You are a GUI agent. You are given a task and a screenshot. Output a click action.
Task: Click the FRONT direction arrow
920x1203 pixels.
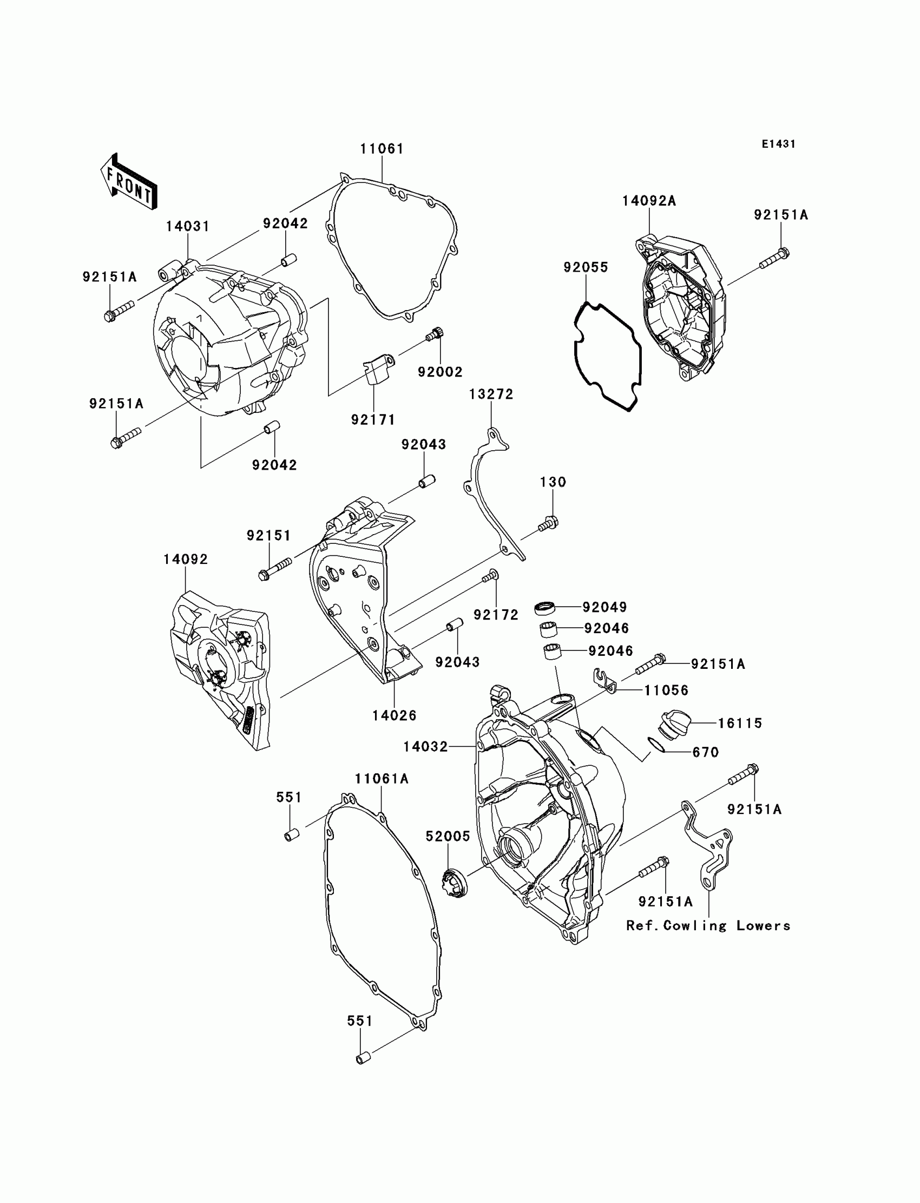[x=129, y=181]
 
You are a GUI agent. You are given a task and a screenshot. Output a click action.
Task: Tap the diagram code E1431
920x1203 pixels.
[x=778, y=144]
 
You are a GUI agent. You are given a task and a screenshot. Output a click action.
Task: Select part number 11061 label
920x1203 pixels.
[x=382, y=149]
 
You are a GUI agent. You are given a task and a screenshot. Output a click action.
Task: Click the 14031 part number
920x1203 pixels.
[x=188, y=226]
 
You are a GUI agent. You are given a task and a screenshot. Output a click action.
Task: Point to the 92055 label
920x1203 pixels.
[x=586, y=267]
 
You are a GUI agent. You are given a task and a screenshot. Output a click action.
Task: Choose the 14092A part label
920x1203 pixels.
[x=649, y=201]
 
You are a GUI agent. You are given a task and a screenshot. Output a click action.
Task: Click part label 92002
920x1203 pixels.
[x=440, y=372]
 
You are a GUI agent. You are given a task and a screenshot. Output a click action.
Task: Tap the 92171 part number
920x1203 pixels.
[x=373, y=419]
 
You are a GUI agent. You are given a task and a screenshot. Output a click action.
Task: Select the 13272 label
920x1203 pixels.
[x=491, y=395]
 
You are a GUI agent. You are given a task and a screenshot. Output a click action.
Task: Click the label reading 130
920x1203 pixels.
[x=553, y=482]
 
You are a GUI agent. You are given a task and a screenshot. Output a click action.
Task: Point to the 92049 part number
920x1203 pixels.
[x=604, y=607]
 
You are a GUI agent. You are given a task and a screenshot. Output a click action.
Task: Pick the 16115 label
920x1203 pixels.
[x=740, y=723]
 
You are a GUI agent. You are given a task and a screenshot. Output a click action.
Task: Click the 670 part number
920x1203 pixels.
[x=705, y=752]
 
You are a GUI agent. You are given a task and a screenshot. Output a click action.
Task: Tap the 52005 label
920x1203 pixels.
[x=448, y=836]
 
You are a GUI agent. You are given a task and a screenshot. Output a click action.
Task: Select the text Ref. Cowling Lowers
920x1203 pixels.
[x=708, y=925]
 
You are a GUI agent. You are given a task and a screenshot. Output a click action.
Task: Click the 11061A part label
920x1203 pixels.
[x=382, y=778]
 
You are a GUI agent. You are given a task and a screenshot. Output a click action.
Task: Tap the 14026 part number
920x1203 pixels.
[x=395, y=715]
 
